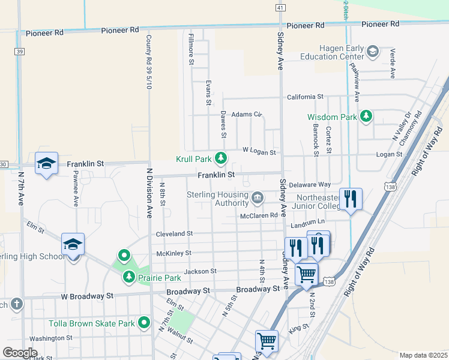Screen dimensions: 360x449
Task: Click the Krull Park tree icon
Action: [221, 158]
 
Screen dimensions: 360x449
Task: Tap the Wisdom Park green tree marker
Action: [366, 116]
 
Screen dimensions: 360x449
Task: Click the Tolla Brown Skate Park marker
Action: [144, 323]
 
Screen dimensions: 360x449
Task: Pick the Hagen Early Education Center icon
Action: [373, 52]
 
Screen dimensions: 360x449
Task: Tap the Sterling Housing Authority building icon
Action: [258, 197]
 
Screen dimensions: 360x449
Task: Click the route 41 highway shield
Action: [280, 7]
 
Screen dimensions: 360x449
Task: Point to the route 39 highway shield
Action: [20, 52]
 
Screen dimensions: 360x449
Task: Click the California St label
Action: [305, 97]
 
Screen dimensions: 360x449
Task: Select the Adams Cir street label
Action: [247, 114]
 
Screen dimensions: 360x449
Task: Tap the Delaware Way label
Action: [310, 185]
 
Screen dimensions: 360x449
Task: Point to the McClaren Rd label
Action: [259, 215]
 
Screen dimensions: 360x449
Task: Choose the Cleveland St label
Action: [174, 233]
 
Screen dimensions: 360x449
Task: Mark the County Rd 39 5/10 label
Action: [148, 62]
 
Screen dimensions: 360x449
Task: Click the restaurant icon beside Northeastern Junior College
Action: [351, 199]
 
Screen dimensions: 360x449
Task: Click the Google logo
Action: [20, 352]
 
